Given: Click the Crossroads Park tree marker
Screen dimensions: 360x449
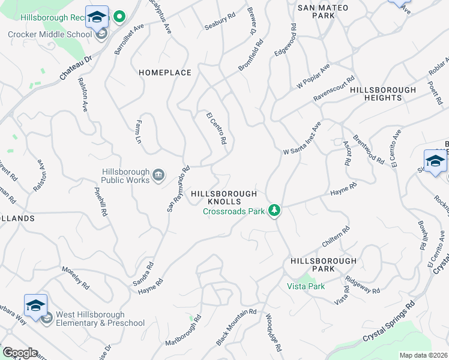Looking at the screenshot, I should point(274,209).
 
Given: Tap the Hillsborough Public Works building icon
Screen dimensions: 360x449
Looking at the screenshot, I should point(158,175).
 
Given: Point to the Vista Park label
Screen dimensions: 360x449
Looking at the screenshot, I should point(306,286).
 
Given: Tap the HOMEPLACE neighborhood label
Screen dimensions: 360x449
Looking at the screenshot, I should point(165,73).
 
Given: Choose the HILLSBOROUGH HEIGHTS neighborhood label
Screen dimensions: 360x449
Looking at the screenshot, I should point(383,94).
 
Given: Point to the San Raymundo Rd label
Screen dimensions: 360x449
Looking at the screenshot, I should point(178,188).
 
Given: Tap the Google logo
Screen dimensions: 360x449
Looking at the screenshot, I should point(19,353).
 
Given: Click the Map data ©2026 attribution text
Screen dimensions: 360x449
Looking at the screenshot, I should point(423,355).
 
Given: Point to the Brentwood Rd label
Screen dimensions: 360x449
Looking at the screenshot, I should point(369,149).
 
